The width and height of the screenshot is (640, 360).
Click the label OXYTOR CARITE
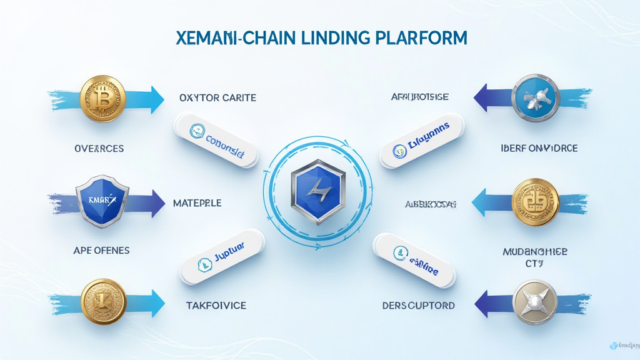click(217, 98)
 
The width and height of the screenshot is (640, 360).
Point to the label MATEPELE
click(197, 203)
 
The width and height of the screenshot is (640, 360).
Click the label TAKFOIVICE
click(216, 306)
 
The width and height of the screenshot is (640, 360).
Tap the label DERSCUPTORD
click(418, 306)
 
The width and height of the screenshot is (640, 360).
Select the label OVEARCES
click(98, 149)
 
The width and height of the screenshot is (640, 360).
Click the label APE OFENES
click(101, 250)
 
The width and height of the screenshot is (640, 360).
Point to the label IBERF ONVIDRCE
click(540, 149)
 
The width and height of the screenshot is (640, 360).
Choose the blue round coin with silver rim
click(534, 97)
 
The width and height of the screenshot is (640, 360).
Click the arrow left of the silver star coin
click(491, 303)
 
